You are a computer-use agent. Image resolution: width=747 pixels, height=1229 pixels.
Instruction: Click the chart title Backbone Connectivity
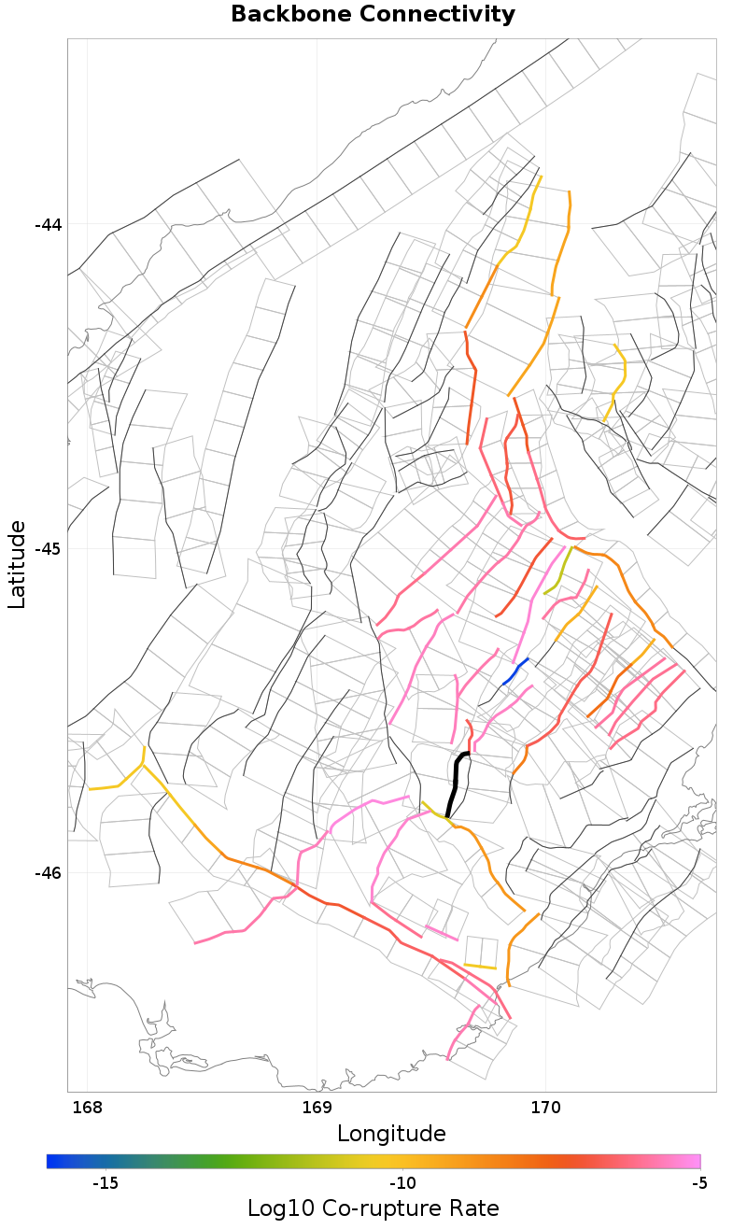[373, 15]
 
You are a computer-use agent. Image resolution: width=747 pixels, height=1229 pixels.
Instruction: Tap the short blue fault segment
[514, 671]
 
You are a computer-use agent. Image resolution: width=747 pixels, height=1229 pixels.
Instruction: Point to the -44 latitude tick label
[48, 225]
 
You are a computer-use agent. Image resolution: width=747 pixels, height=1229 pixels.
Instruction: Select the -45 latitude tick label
[48, 548]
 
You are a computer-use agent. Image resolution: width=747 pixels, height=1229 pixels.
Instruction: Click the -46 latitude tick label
[48, 873]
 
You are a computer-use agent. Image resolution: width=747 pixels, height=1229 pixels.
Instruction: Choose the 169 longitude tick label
[317, 1108]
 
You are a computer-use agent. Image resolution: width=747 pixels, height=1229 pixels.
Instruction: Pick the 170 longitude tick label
[545, 1108]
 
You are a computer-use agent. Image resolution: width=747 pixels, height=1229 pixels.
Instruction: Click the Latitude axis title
[18, 565]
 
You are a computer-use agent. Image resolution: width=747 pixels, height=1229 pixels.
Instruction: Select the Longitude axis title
[391, 1134]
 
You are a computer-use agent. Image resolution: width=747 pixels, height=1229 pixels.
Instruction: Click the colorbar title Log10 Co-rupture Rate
[373, 1208]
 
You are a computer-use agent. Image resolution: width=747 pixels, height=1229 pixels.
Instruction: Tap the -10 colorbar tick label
[402, 1182]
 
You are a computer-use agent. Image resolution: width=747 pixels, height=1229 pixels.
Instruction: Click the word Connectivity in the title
[438, 15]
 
